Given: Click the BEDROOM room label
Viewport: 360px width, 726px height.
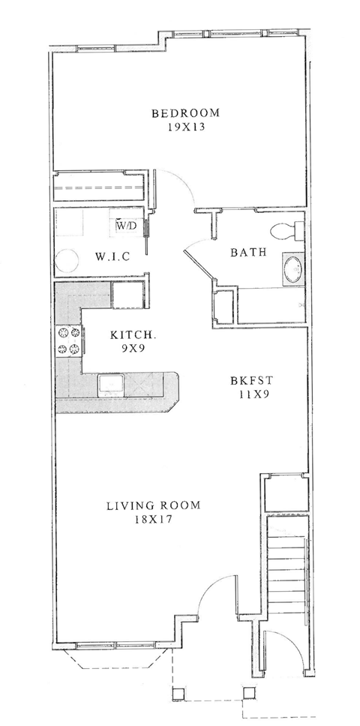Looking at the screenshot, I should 186,114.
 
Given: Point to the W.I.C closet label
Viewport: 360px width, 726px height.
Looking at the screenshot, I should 113,256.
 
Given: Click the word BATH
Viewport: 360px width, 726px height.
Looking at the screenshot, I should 248,253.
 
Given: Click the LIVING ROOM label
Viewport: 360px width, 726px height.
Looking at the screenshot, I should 154,505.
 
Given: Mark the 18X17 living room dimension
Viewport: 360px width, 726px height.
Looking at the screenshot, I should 154,519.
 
